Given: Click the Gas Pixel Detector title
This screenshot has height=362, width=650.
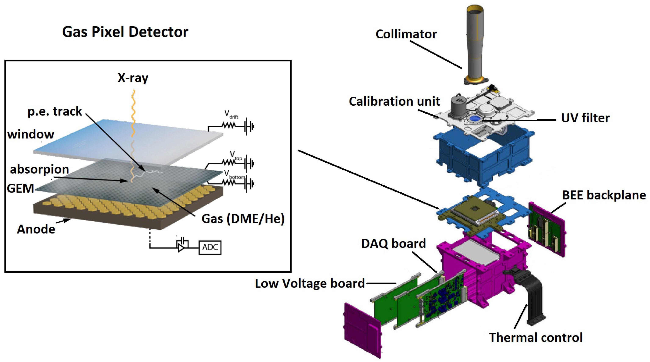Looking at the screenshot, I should click(x=125, y=32).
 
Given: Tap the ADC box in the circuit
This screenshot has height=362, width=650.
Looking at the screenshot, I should click(x=210, y=247).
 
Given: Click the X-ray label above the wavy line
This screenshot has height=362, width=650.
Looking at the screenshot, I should click(x=133, y=78).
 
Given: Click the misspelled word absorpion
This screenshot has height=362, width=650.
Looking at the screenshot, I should click(x=39, y=169).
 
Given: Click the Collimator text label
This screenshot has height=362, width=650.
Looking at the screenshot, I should click(x=406, y=34).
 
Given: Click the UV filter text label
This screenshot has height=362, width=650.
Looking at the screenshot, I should click(x=585, y=118).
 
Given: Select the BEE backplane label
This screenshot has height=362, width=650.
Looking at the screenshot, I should click(x=604, y=195).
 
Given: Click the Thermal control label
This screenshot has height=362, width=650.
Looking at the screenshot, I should click(x=535, y=337).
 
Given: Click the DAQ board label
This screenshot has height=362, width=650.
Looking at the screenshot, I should click(x=393, y=243).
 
